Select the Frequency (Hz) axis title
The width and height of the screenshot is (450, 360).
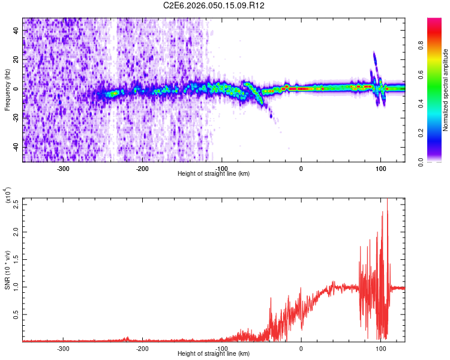pos(7,90)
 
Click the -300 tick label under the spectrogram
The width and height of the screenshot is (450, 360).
pos(64,169)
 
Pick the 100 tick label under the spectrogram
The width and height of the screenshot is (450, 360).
pos(380,169)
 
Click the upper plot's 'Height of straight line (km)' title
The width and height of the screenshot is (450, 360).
pos(214,173)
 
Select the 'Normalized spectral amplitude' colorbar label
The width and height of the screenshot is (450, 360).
pos(446,90)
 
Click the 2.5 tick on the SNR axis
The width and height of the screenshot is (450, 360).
pos(16,203)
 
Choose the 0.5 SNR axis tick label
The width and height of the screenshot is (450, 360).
pos(16,314)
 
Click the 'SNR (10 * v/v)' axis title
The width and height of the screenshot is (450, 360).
pos(7,270)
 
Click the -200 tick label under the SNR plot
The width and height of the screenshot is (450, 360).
pos(143,348)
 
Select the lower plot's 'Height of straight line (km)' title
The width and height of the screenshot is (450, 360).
pos(214,353)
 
